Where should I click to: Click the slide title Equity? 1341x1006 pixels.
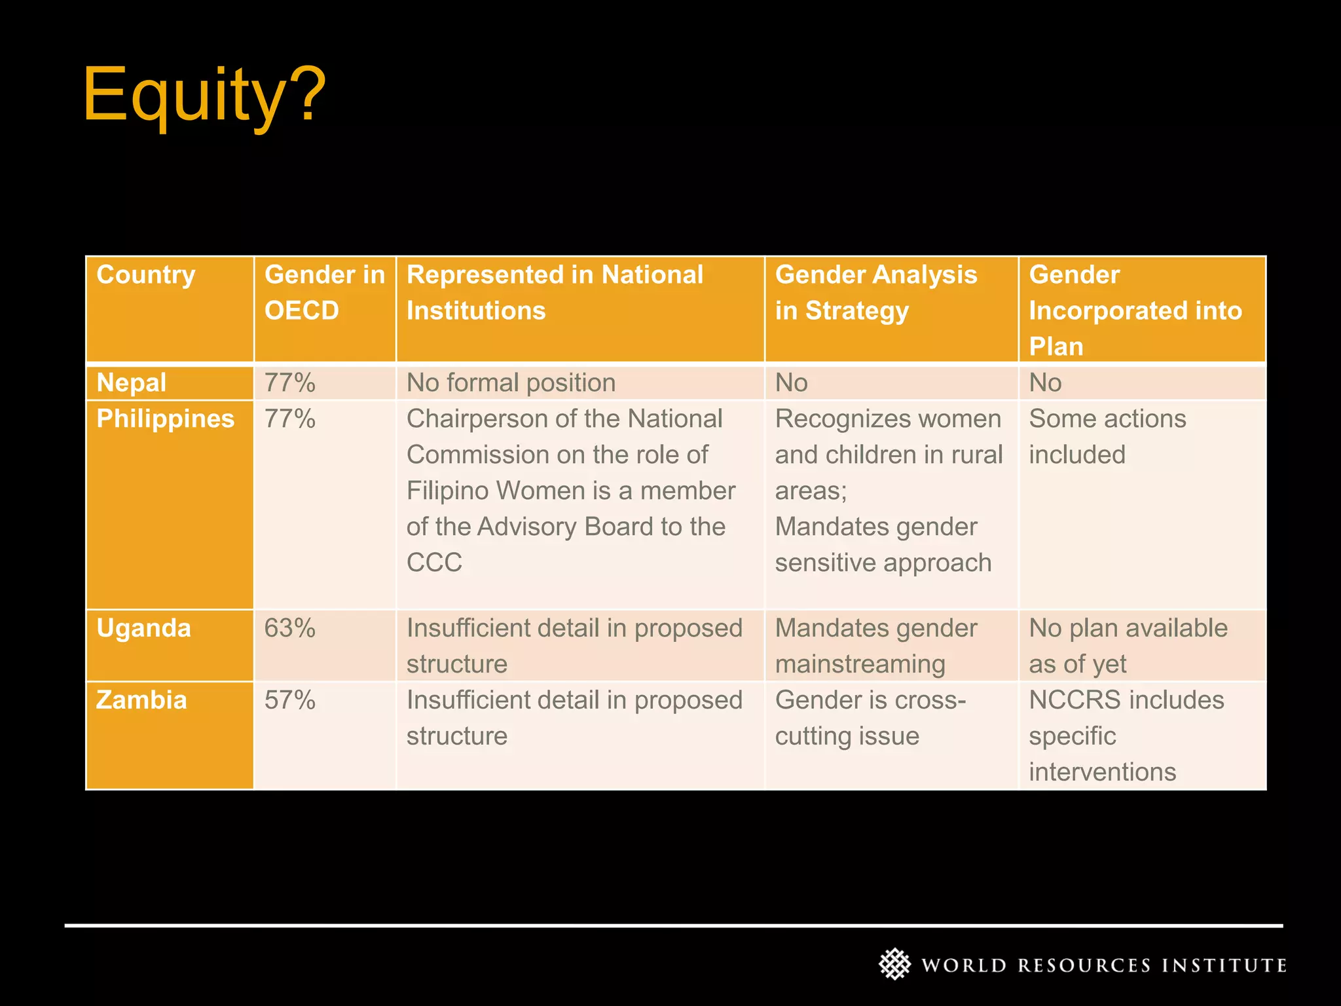pos(204,95)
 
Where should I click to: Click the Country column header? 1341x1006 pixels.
pos(146,275)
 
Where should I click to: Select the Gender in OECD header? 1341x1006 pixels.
pos(324,292)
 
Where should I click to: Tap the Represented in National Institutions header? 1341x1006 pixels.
pos(555,292)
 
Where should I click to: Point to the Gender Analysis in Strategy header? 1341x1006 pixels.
pos(875,292)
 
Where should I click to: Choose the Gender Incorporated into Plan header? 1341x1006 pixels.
pos(1135,310)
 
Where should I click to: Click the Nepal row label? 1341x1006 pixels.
pos(132,382)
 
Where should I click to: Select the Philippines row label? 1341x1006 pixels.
pos(165,419)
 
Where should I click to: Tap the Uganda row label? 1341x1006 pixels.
pos(143,628)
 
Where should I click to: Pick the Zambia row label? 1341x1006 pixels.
pos(141,700)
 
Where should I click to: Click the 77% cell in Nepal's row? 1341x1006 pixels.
pos(289,382)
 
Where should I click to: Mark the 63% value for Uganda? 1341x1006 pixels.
pos(289,628)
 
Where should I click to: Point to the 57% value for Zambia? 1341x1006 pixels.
pos(289,700)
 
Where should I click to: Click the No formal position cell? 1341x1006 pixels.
pos(511,382)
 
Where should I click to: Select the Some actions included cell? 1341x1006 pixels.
pos(1107,436)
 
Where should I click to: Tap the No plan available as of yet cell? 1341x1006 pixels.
pos(1128,646)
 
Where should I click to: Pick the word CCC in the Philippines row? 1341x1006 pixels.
pos(434,563)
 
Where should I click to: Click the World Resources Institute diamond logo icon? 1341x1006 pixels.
pos(894,964)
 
